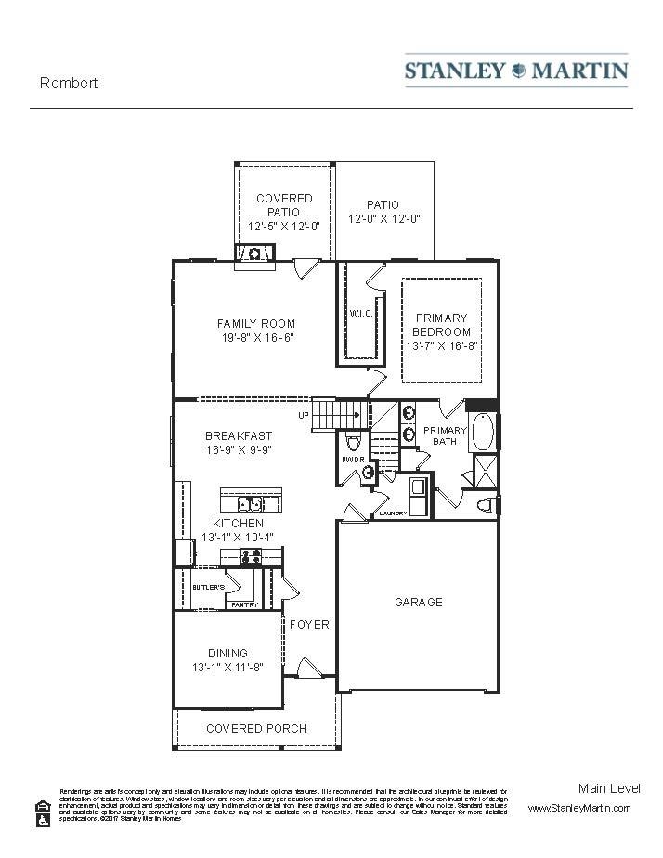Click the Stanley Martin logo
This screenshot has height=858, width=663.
(516, 71)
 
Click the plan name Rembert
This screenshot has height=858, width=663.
(69, 83)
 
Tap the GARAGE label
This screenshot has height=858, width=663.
(419, 603)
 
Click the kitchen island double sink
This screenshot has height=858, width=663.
(248, 505)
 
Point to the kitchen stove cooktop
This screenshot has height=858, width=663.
(251, 556)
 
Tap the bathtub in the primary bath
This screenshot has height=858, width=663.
(484, 432)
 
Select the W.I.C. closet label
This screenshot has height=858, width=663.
(361, 313)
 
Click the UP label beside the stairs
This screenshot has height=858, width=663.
(303, 416)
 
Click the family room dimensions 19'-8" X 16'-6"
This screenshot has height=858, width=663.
(256, 338)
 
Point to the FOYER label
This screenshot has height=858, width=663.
(309, 625)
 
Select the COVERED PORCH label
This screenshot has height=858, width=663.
(256, 729)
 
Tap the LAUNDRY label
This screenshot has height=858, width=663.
(394, 513)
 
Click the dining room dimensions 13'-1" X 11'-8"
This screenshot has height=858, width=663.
(227, 668)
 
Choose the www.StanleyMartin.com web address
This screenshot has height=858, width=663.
(579, 809)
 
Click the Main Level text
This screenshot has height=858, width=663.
(609, 788)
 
